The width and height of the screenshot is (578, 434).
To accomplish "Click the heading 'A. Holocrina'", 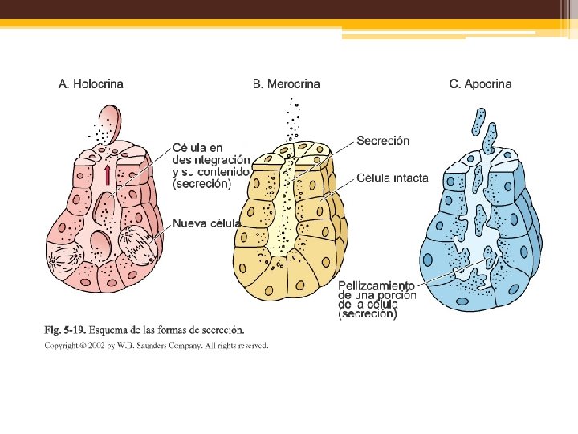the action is click(92, 84).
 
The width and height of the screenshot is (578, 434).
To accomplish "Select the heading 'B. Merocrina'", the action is click(287, 84).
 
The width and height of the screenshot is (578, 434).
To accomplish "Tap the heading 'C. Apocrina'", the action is click(480, 84).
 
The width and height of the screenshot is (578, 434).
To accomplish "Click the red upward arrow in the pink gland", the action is click(106, 174).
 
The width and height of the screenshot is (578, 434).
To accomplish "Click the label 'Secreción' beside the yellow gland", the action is click(383, 141).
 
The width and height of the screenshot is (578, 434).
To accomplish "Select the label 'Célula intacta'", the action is click(393, 178).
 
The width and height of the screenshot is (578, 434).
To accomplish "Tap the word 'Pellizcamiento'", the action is click(377, 285).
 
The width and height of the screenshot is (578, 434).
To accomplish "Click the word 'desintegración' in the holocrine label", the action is click(211, 159).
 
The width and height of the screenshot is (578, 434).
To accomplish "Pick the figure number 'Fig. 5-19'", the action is click(64, 330).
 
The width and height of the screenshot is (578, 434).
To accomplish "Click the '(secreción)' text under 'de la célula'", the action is click(368, 315).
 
